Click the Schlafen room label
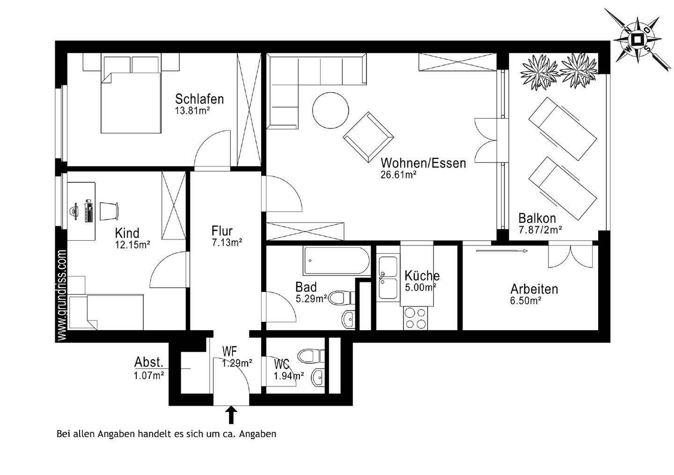pyautogui.click(x=199, y=99)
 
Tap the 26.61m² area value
pyautogui.click(x=399, y=175)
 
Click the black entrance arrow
pyautogui.click(x=231, y=415)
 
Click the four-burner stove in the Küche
pyautogui.click(x=416, y=318)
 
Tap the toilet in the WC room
pyautogui.click(x=310, y=356)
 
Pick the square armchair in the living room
pyautogui.click(x=368, y=136)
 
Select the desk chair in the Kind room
pyautogui.click(x=108, y=211)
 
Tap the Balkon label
pyautogui.click(x=537, y=218)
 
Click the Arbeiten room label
pyautogui.click(x=534, y=289)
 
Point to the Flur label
pyautogui.click(x=222, y=230)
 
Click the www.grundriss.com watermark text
pyautogui.click(x=62, y=295)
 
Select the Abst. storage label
pyautogui.click(x=149, y=362)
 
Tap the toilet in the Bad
pyautogui.click(x=340, y=297)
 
